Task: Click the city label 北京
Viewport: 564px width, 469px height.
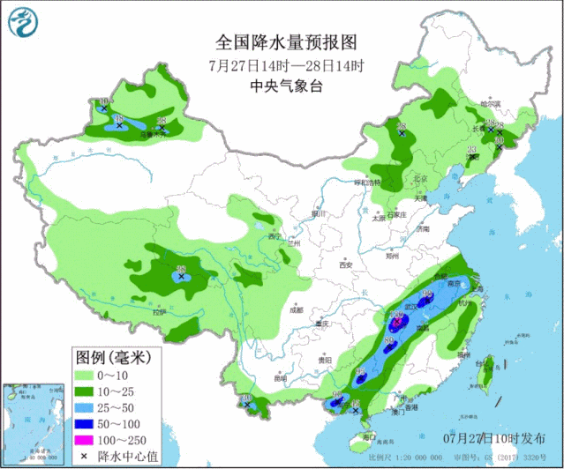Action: click(420, 179)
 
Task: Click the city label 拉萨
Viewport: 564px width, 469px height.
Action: click(159, 312)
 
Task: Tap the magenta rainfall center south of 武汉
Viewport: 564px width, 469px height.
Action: click(398, 323)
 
